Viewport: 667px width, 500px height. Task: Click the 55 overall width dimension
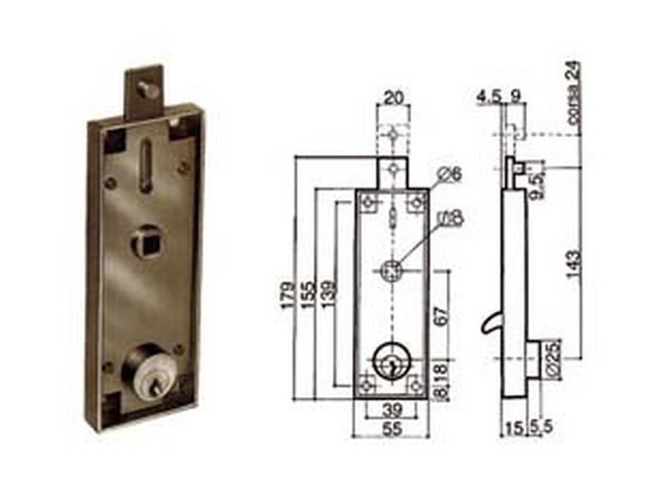pyautogui.click(x=391, y=430)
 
